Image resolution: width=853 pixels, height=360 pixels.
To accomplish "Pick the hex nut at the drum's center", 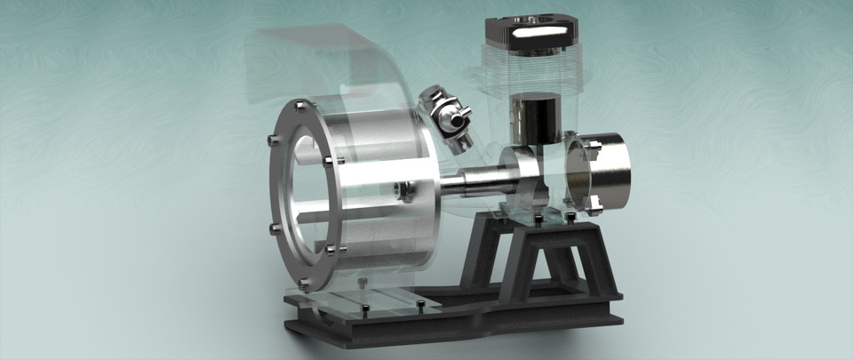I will pyautogui.click(x=404, y=191).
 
